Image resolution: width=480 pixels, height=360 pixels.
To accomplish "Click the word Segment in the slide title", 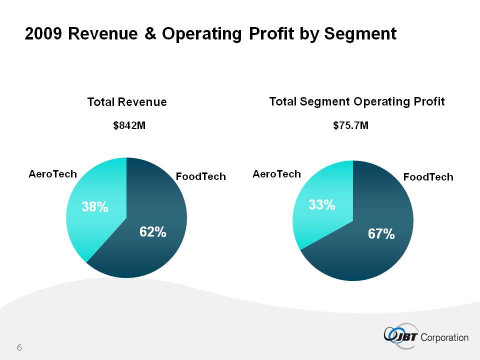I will click(x=360, y=34).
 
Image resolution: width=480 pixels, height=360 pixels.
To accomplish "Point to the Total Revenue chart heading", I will click(x=126, y=102).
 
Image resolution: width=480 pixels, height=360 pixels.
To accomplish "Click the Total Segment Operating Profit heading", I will click(x=356, y=101).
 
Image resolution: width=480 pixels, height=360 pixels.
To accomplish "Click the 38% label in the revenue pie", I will click(x=95, y=207).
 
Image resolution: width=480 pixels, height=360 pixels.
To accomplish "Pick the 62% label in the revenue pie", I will click(x=152, y=232).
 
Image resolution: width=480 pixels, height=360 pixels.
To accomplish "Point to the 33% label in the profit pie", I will click(x=321, y=204).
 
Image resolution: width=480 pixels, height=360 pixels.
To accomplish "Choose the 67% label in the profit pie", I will click(x=381, y=233).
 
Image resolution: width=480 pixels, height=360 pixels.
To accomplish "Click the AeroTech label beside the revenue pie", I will click(x=53, y=174).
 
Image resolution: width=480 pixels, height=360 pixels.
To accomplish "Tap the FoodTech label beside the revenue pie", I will click(x=200, y=176).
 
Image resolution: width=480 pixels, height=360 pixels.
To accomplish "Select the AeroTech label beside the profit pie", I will click(x=276, y=174).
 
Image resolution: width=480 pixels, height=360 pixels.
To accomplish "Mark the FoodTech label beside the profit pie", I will click(x=428, y=176).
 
